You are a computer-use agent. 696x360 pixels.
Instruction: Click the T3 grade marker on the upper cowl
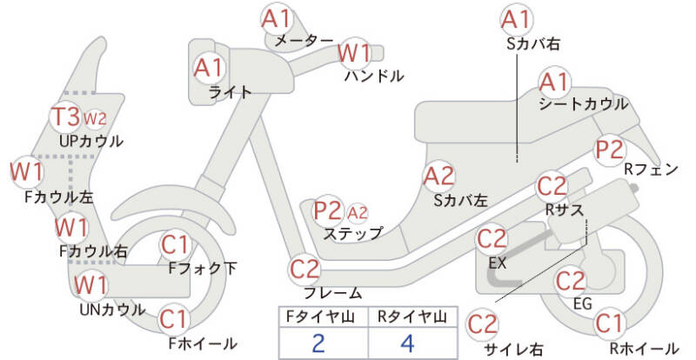point(66,117)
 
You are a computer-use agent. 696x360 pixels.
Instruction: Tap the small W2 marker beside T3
point(95,118)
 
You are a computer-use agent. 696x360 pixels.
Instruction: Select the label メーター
point(304,41)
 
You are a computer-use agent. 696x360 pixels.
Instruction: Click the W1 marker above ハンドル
point(354,53)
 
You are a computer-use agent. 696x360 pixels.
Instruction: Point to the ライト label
point(230,92)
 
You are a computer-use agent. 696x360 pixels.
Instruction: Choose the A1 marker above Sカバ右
point(517,19)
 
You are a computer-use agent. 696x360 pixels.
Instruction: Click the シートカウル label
point(583,104)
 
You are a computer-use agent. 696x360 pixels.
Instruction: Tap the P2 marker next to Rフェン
point(610,150)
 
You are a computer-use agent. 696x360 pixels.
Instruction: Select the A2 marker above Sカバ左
point(439,177)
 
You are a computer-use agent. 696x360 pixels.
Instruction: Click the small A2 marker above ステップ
point(358,213)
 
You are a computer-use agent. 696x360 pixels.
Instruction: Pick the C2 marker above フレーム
point(304,269)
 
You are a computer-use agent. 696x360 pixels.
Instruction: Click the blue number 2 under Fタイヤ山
point(318,343)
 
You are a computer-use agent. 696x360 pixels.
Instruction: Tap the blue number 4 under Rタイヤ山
point(407,343)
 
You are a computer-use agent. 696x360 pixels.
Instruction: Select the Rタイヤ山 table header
point(412,317)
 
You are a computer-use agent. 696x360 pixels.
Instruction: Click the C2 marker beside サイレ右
point(483,324)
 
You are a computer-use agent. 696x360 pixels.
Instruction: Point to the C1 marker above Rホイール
point(609,323)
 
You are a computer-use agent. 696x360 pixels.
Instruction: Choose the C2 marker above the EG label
point(571,281)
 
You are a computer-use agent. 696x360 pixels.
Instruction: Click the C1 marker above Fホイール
point(175,320)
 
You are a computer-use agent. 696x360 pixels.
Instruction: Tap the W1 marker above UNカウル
point(91,285)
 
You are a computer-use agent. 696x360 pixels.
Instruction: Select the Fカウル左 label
point(59,197)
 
